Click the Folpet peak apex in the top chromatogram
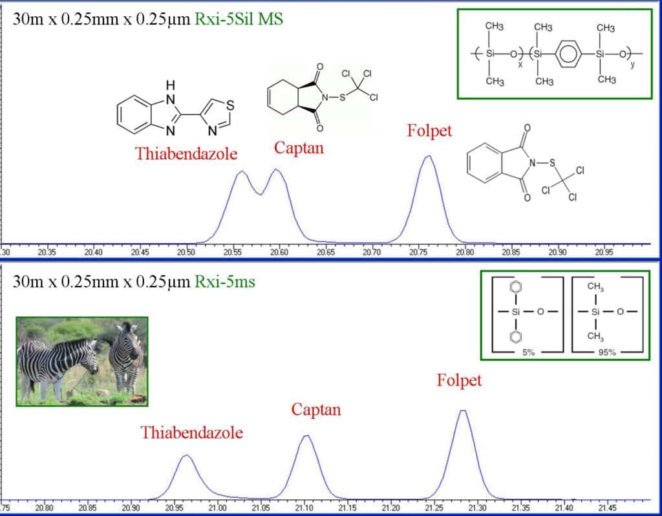(x=427, y=156)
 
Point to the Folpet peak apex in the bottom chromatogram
(x=462, y=411)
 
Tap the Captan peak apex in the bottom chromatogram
(x=306, y=436)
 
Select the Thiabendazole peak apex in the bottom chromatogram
(x=186, y=455)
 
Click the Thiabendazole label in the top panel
(x=186, y=154)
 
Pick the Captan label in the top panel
(x=299, y=148)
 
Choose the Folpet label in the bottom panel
(x=459, y=380)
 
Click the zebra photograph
(x=82, y=361)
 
